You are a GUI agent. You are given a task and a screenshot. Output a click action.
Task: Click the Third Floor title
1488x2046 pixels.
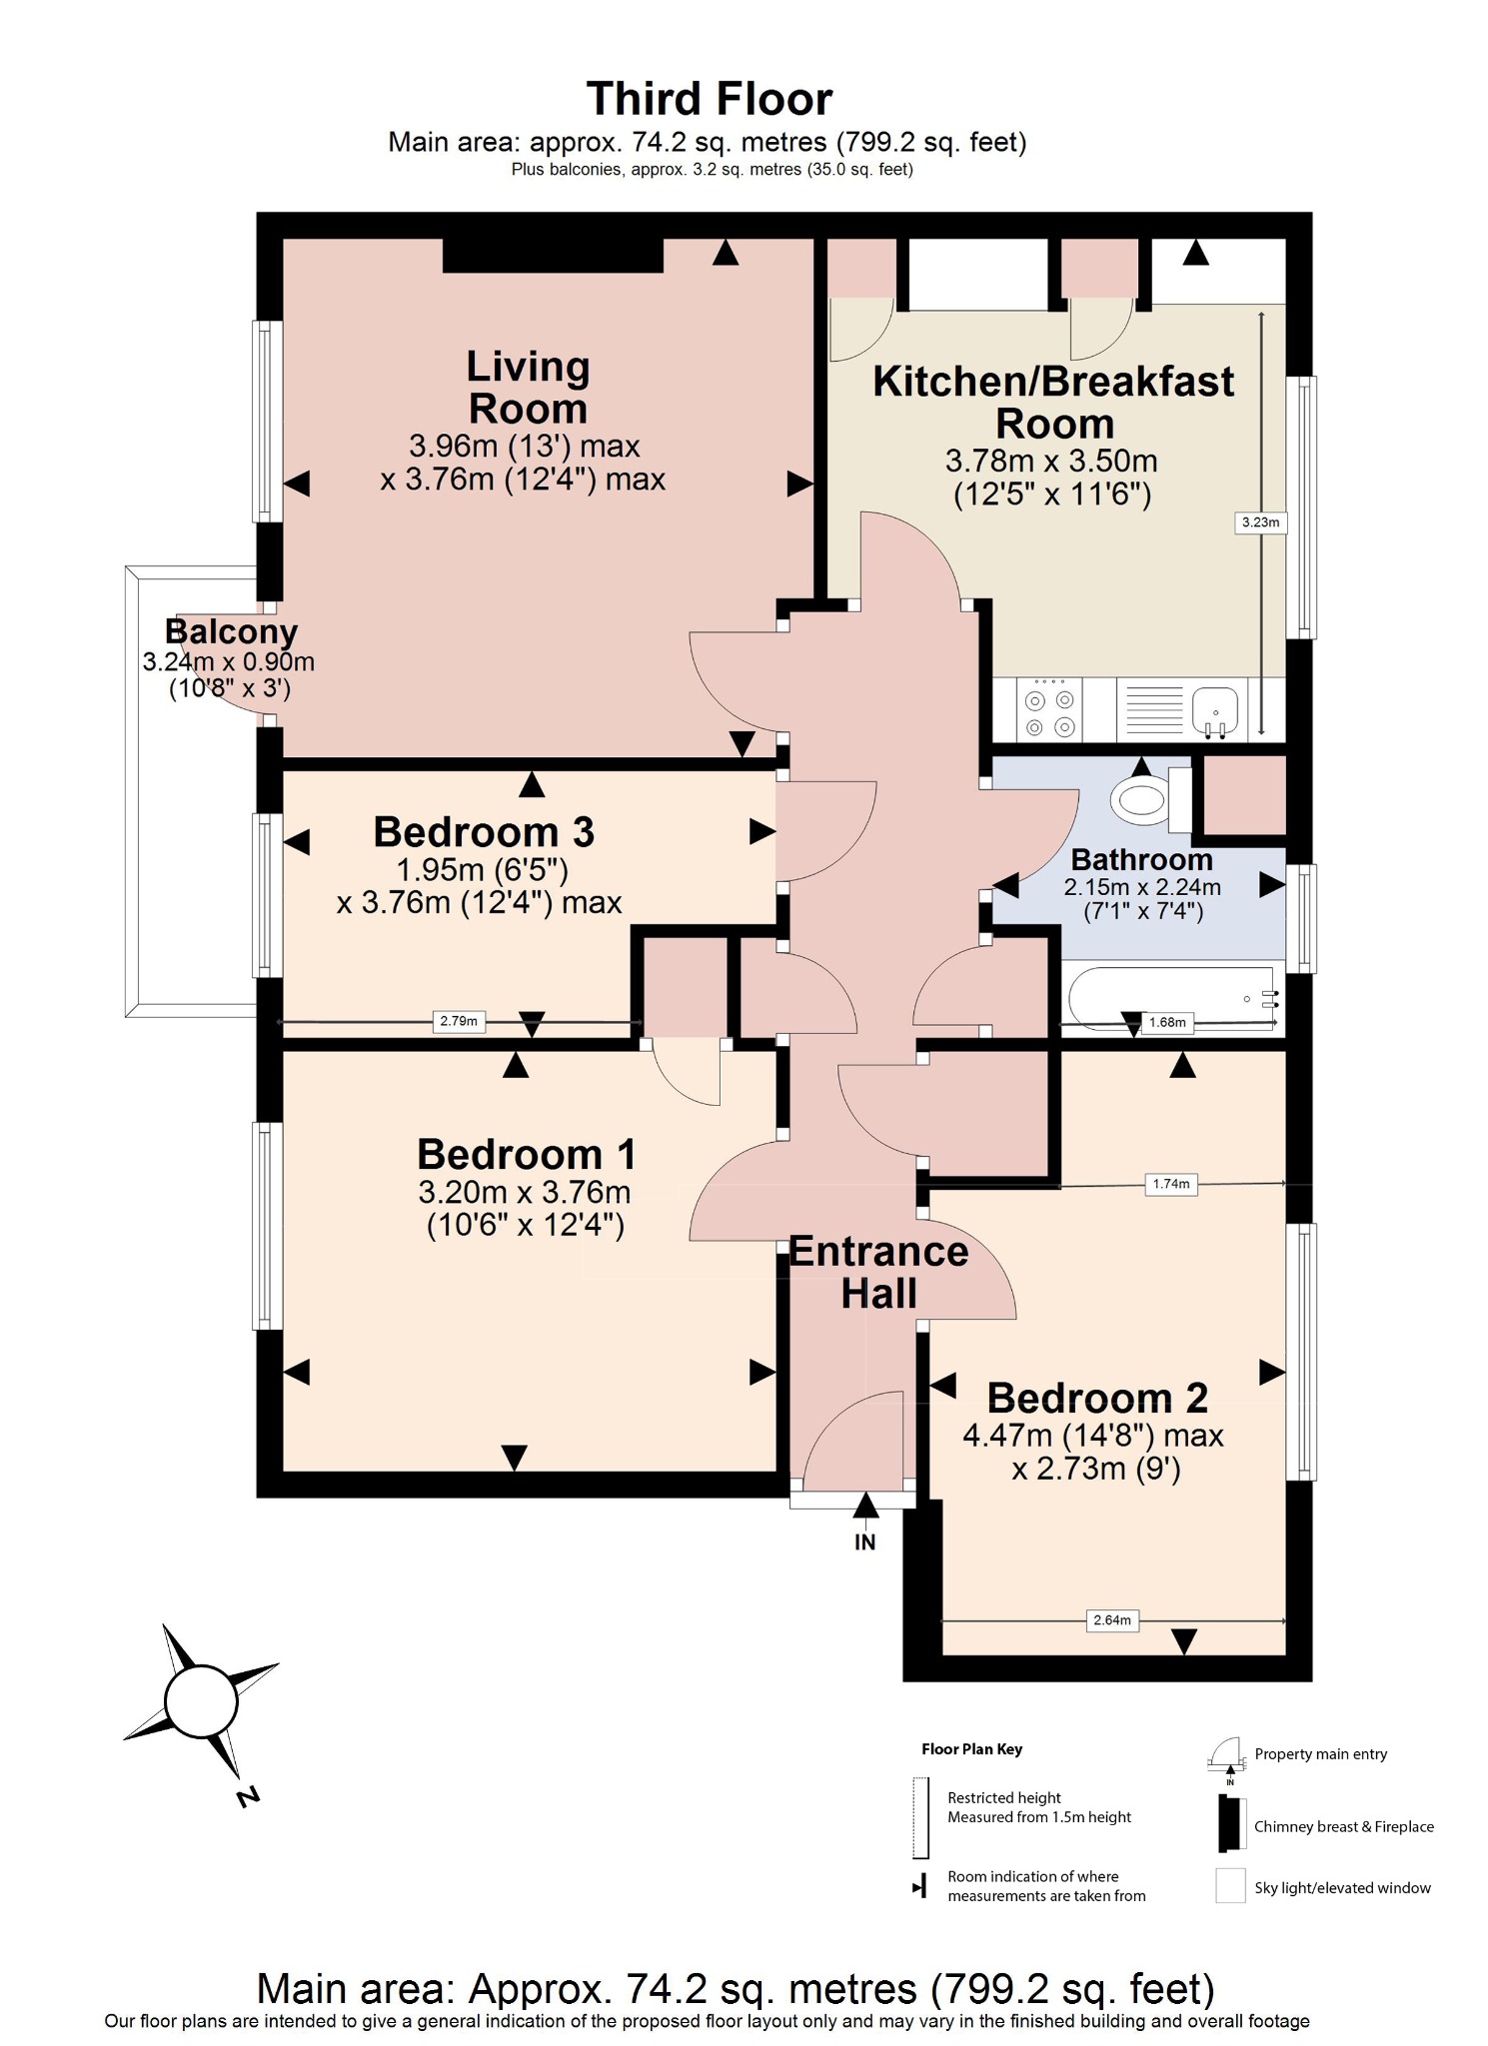(709, 100)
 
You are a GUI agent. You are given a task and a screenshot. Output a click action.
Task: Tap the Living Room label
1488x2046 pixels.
(528, 388)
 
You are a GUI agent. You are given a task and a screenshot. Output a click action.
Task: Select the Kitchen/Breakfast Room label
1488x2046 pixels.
(1053, 403)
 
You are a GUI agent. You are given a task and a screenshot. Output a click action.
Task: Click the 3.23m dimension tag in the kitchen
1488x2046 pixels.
(1260, 522)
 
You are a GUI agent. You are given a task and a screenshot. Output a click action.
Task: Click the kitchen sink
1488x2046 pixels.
(1214, 711)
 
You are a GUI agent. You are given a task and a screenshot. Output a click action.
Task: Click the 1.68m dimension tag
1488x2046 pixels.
(1167, 1022)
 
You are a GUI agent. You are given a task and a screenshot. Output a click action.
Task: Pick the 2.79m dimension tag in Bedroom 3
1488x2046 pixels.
(459, 1021)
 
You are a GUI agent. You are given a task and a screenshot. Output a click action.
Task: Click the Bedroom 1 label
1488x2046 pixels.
(526, 1155)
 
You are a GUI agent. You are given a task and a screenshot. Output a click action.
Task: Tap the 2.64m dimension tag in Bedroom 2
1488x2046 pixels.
(1111, 1620)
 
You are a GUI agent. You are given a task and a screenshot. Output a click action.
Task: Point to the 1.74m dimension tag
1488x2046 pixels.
(1170, 1184)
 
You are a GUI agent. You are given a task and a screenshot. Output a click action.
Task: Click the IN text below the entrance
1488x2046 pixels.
(864, 1542)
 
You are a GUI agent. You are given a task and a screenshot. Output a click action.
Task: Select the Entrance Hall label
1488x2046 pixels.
(878, 1273)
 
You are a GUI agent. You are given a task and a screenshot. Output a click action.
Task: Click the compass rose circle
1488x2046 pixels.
(201, 1702)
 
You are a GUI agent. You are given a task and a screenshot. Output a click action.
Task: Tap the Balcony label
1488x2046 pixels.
(231, 632)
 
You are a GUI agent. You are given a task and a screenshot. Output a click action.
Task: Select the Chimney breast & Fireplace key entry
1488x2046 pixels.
(1342, 1826)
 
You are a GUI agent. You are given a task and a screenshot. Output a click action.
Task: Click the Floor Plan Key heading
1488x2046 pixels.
(971, 1749)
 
